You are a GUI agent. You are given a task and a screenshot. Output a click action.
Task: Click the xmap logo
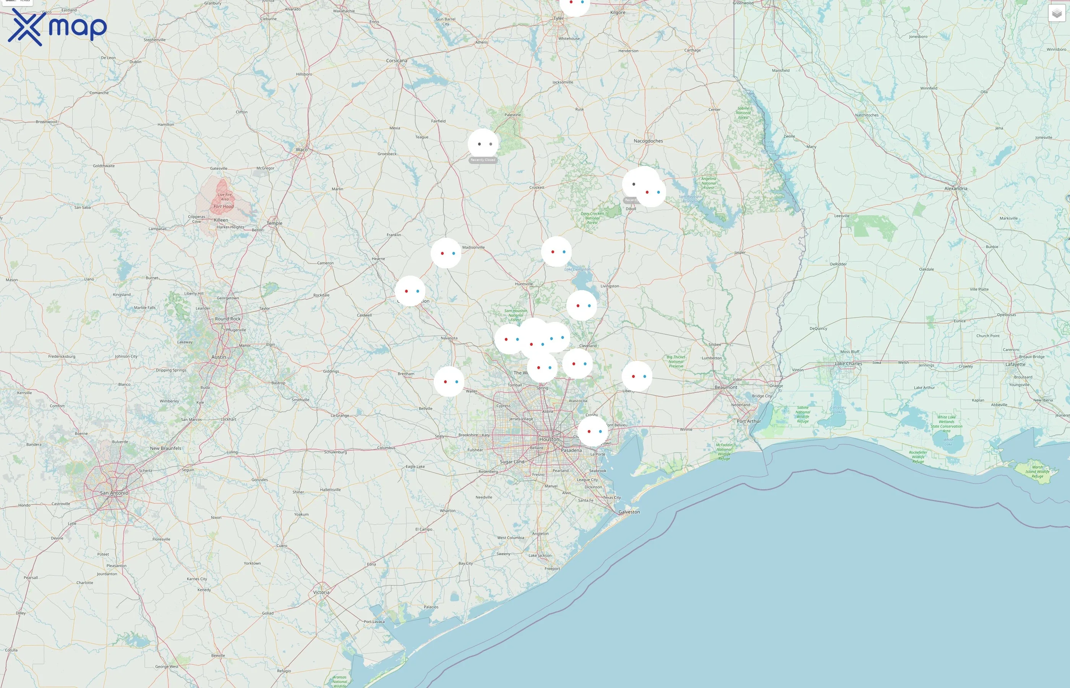pyautogui.click(x=57, y=27)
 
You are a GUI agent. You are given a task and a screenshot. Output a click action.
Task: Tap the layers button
pyautogui.click(x=1056, y=13)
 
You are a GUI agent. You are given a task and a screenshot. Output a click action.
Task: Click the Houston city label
pyautogui.click(x=549, y=439)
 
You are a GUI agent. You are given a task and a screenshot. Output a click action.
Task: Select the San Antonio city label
pyautogui.click(x=114, y=493)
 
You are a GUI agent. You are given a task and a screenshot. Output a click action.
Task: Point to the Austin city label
pyautogui.click(x=218, y=357)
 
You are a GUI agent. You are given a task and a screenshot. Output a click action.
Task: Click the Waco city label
pyautogui.click(x=302, y=150)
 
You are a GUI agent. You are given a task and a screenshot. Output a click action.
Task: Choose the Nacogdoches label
pyautogui.click(x=648, y=141)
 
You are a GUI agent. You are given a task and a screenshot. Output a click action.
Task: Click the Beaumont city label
pyautogui.click(x=726, y=387)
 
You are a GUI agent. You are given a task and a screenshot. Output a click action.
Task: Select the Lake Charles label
pyautogui.click(x=848, y=363)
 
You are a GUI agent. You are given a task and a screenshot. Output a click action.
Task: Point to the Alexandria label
pyautogui.click(x=956, y=188)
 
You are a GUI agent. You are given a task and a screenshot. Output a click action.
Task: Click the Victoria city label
pyautogui.click(x=321, y=592)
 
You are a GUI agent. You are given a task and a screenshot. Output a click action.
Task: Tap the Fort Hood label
pyautogui.click(x=223, y=206)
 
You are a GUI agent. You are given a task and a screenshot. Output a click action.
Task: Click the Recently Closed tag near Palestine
pyautogui.click(x=483, y=160)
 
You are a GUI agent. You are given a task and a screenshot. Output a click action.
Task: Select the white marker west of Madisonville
pyautogui.click(x=446, y=253)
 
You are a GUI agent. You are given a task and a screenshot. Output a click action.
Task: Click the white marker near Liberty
pyautogui.click(x=637, y=376)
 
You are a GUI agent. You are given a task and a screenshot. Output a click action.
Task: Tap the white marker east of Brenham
pyautogui.click(x=449, y=381)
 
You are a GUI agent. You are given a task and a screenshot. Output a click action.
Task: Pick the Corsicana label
pyautogui.click(x=397, y=61)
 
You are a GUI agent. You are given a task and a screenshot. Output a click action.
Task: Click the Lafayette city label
pyautogui.click(x=1015, y=365)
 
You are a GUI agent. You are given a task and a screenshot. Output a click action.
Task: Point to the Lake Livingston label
pyautogui.click(x=577, y=269)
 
